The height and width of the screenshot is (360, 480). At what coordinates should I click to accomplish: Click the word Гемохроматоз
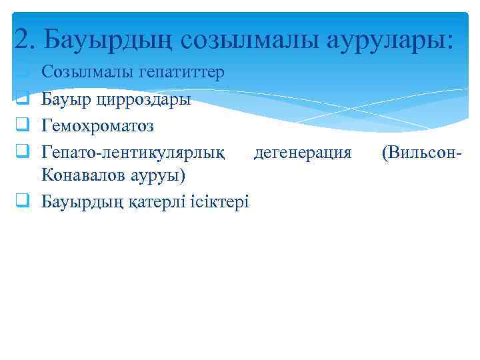coord(97,125)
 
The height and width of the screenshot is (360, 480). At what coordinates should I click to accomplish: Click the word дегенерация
coord(302,152)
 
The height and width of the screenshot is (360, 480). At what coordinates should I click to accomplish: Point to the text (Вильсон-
coord(421,152)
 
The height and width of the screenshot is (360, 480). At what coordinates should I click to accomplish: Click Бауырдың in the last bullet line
coord(83,201)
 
